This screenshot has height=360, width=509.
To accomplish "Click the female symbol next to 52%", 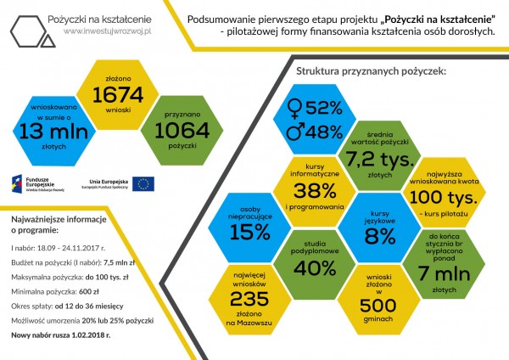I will coord(294,109).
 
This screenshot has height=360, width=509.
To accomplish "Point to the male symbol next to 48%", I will coord(294,132).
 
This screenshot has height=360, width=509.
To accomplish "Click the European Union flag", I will coord(143,183).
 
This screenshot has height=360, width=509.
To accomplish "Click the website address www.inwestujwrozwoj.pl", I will coord(106,31).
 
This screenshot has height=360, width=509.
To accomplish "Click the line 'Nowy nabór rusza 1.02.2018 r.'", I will coord(61,335).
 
